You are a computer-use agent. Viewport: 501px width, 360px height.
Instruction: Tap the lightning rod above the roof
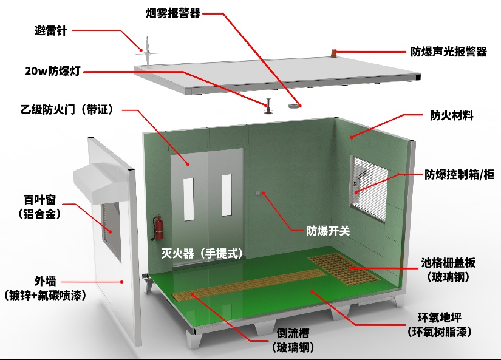click(147, 51)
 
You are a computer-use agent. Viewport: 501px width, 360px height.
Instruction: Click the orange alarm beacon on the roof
click(334, 52)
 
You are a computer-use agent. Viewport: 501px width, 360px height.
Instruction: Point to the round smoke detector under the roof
click(295, 106)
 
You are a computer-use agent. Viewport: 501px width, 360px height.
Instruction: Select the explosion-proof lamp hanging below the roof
click(268, 106)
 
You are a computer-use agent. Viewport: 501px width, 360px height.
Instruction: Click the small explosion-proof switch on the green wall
click(259, 193)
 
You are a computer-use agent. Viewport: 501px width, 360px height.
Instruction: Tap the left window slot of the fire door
click(188, 199)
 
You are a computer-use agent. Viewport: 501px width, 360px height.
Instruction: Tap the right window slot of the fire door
click(227, 195)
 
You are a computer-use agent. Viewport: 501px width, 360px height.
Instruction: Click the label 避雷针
click(51, 31)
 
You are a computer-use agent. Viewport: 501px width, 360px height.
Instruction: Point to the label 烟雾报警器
click(173, 13)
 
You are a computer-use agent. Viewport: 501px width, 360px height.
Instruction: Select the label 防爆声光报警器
click(449, 52)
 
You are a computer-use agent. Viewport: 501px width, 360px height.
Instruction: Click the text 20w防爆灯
click(52, 71)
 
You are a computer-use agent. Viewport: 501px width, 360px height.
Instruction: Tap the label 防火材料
click(451, 115)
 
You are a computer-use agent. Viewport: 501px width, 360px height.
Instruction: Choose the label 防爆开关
click(328, 231)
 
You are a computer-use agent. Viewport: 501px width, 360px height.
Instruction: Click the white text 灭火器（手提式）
click(202, 253)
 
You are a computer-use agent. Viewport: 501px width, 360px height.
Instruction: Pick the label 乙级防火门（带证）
click(67, 109)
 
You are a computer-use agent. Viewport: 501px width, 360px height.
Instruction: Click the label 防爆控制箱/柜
click(460, 174)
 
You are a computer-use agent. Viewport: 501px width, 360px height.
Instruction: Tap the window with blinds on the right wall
click(369, 188)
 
